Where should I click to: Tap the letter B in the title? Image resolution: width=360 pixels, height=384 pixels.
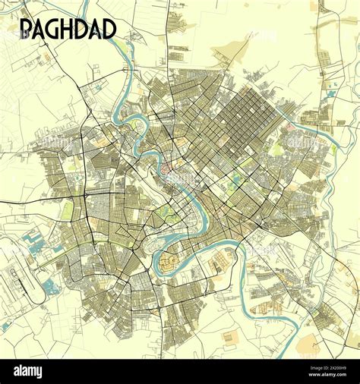click(25, 29)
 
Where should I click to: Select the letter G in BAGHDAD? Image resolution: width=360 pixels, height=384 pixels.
click(53, 29)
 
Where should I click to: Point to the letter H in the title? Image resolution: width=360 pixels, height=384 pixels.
click(68, 29)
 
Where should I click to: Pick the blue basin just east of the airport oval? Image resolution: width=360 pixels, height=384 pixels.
click(51, 287)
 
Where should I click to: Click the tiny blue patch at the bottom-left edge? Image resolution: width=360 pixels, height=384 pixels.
click(6, 326)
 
